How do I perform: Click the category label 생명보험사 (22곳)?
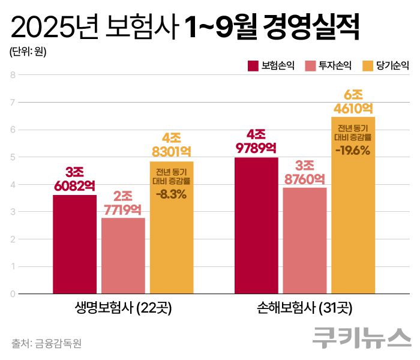123,309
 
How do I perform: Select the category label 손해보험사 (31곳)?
305,309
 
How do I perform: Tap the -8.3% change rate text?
172,194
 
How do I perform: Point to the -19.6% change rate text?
353,150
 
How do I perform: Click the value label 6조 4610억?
353,101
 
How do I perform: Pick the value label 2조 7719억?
123,203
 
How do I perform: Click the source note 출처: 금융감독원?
46,344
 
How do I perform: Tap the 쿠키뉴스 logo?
361,338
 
